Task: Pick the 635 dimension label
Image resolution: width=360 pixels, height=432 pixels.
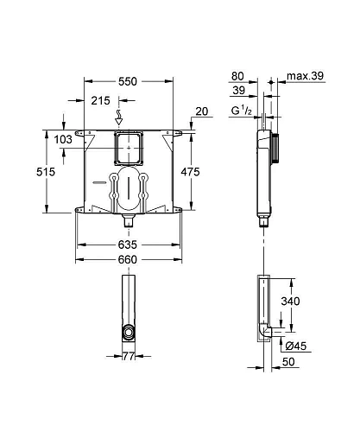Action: pos(128,245)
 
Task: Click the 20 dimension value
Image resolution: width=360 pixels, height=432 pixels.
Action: pos(201,111)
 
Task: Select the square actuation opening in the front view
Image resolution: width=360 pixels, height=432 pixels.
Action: pos(128,149)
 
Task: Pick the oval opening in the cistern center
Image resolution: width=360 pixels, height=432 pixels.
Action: pos(128,193)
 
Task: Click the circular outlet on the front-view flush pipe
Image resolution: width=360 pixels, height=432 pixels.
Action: pos(128,332)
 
